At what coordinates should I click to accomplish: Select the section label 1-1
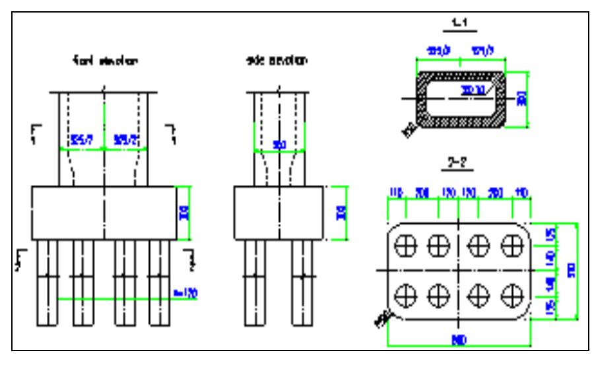tap(458, 27)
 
